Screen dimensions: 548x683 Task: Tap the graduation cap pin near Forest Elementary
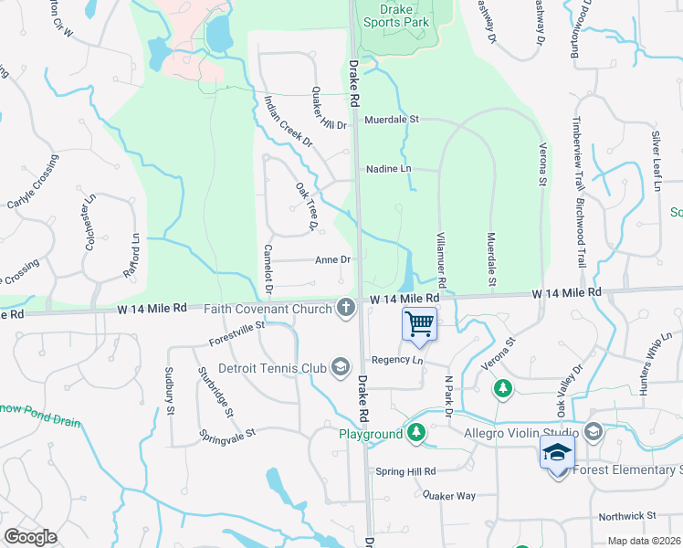click(557, 452)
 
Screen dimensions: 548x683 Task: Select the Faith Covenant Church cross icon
click(346, 308)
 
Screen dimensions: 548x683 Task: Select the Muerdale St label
click(391, 120)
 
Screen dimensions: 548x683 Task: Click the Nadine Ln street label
click(389, 169)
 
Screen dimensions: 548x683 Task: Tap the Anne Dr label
click(332, 260)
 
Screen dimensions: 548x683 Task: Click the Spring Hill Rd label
click(406, 471)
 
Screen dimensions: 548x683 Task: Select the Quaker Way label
click(448, 495)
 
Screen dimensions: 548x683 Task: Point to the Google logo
click(30, 537)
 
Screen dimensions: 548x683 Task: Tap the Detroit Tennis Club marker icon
click(341, 367)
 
